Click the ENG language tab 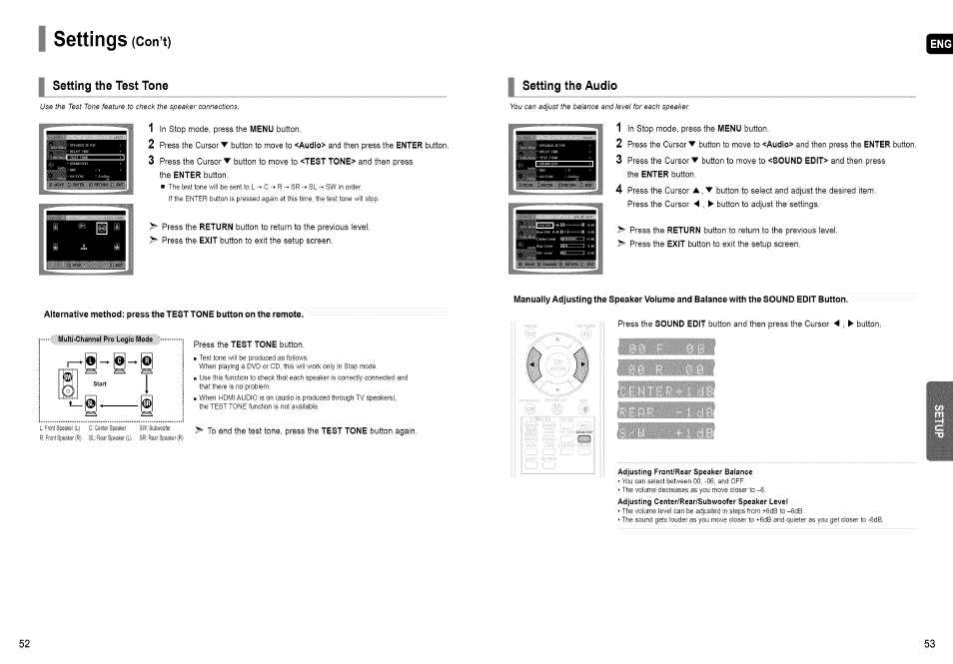(x=940, y=44)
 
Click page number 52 (x=25, y=644)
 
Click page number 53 (x=929, y=644)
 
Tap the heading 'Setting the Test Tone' (x=110, y=85)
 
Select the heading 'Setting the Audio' (x=569, y=85)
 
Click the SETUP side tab (x=939, y=419)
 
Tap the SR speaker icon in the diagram (x=146, y=404)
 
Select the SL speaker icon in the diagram (x=90, y=404)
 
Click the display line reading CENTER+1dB (x=664, y=390)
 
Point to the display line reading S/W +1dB (x=664, y=432)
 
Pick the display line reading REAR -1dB (x=664, y=411)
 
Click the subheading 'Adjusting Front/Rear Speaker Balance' (x=684, y=471)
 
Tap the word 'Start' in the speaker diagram (x=100, y=382)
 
